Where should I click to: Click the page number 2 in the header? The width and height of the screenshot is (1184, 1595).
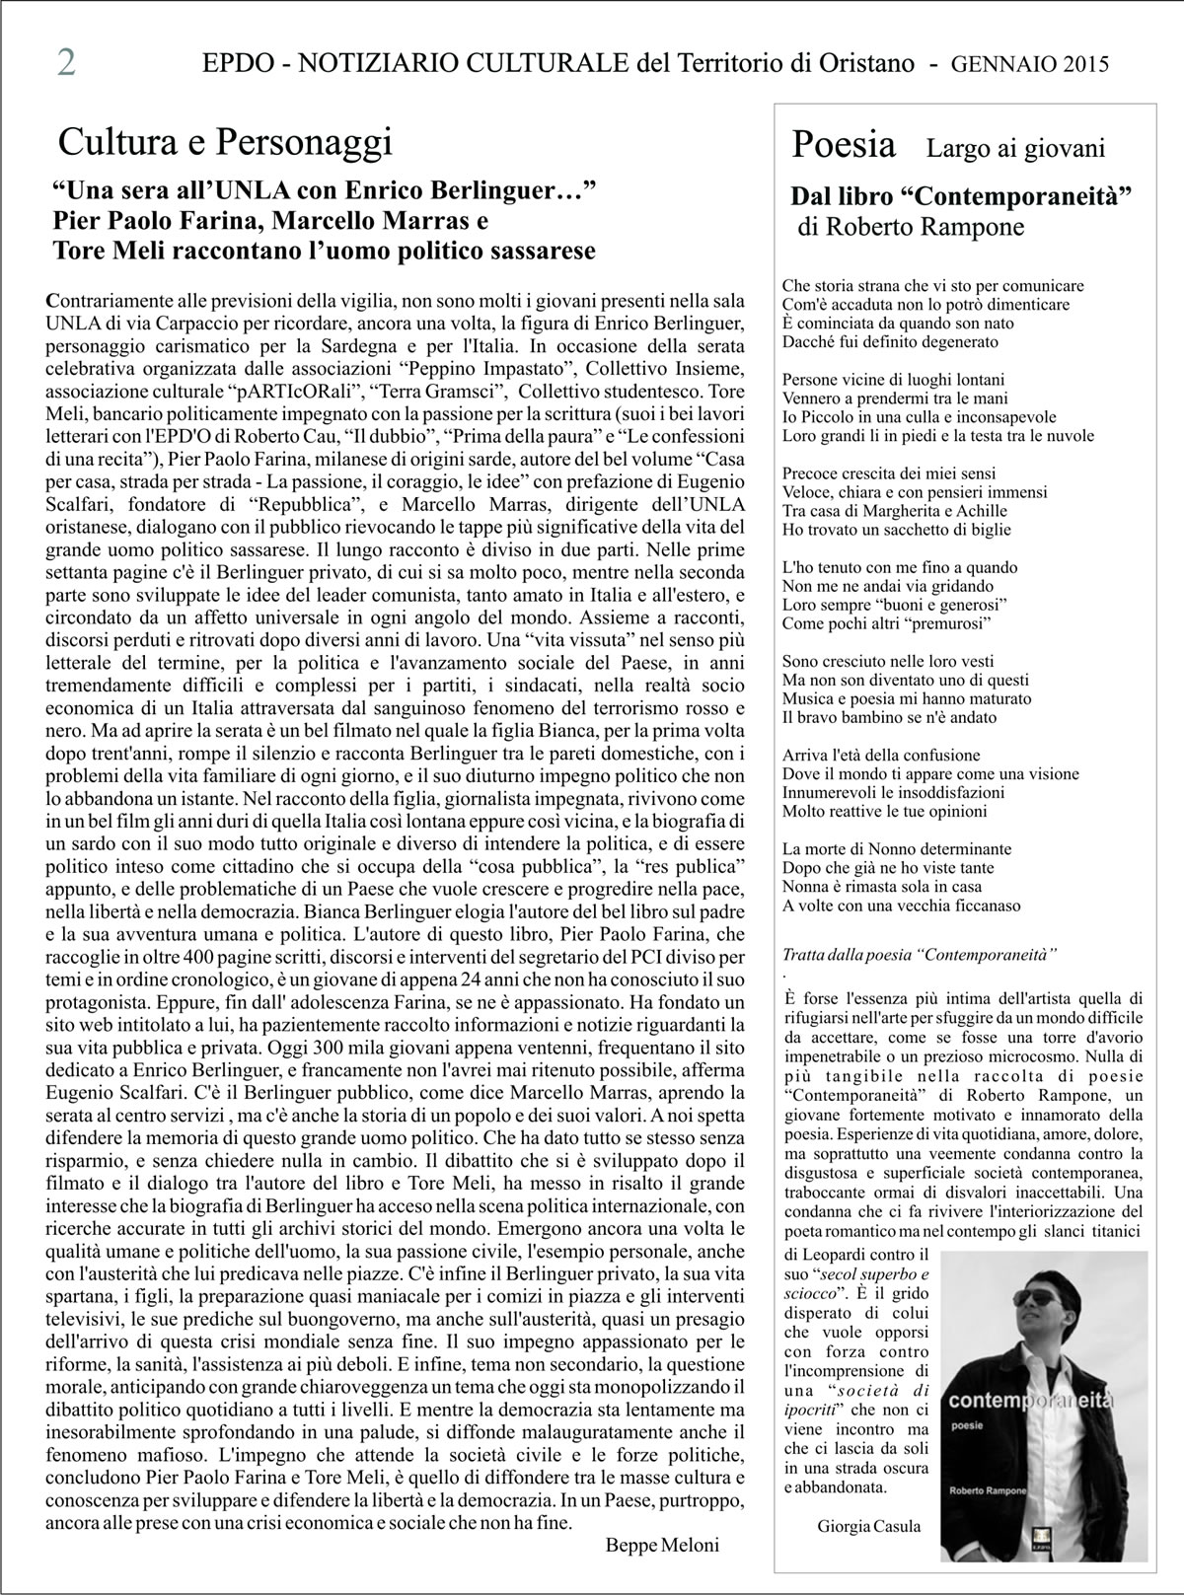point(67,62)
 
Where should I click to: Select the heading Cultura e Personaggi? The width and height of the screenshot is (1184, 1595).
point(225,144)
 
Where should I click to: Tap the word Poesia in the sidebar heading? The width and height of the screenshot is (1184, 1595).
point(844,146)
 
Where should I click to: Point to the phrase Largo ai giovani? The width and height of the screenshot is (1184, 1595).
point(1015,149)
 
